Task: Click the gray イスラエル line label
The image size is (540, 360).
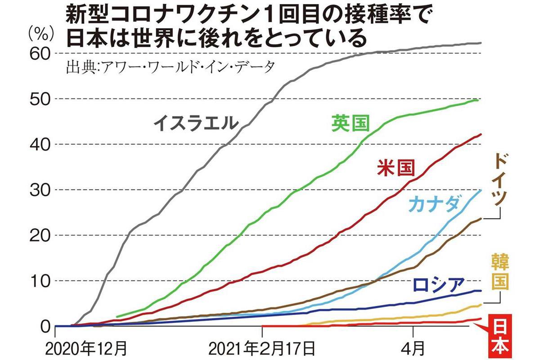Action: pyautogui.click(x=194, y=123)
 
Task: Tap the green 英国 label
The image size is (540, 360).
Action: pyautogui.click(x=350, y=123)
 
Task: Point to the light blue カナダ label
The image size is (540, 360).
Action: pyautogui.click(x=434, y=205)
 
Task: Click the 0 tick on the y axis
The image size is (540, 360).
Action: pyautogui.click(x=45, y=326)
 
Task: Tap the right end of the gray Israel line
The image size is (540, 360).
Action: pyautogui.click(x=481, y=43)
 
